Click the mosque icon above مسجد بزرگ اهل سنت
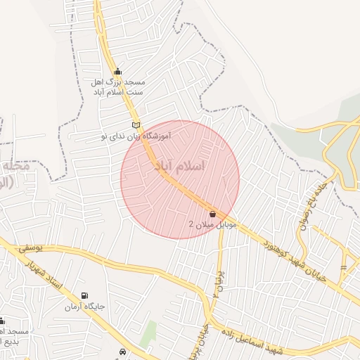point(117,71)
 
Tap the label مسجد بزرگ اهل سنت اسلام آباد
point(117,87)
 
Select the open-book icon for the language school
point(136,126)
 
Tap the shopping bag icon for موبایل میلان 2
point(212,214)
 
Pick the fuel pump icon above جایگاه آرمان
point(86,296)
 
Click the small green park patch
point(148,334)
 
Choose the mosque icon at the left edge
point(2,321)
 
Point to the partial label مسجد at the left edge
point(14,331)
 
